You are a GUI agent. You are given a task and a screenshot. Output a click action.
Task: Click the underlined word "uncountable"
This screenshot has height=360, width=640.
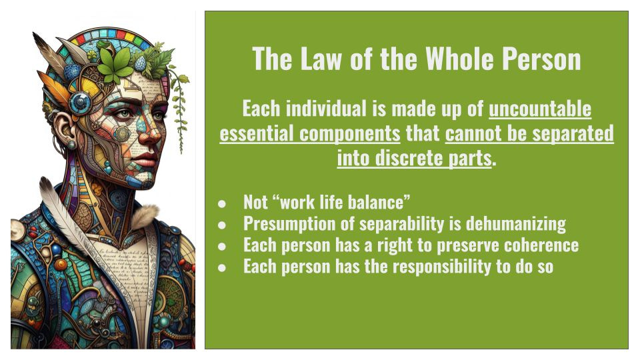(x=540, y=108)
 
